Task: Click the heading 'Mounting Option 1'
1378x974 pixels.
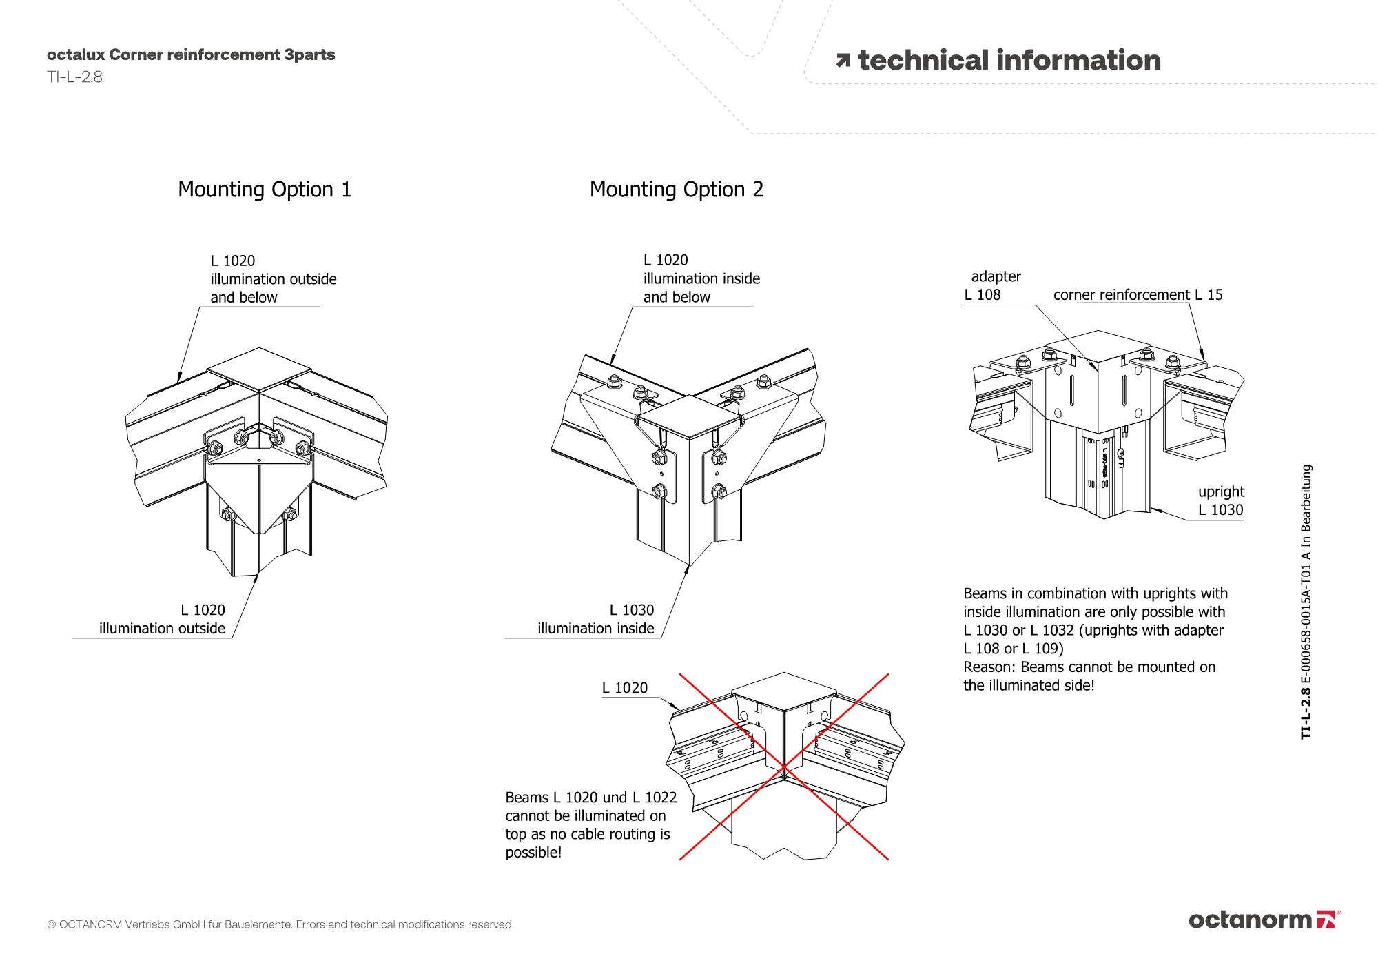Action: point(265,190)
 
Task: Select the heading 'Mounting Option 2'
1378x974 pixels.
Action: point(677,190)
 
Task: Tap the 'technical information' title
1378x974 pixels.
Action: point(1009,61)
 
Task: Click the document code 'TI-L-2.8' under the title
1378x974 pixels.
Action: point(74,77)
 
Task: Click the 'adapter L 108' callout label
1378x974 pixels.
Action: point(993,285)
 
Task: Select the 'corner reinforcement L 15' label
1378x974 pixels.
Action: point(1138,295)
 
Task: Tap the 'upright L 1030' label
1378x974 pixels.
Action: point(1221,500)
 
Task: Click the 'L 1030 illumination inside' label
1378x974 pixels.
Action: point(596,619)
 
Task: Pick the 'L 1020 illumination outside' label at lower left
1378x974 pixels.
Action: point(162,619)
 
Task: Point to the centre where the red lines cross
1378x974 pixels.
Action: point(784,767)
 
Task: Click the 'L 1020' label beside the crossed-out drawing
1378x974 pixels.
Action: point(625,688)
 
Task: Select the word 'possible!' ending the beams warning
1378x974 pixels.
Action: point(533,853)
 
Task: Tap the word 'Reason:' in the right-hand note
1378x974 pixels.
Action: point(990,667)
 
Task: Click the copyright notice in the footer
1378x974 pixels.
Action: point(280,924)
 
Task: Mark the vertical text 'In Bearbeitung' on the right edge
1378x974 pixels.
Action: point(1306,498)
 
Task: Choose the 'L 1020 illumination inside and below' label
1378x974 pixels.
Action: point(701,278)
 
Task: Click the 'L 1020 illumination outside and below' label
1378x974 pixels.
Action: point(274,279)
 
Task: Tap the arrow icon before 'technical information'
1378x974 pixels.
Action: point(843,61)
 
